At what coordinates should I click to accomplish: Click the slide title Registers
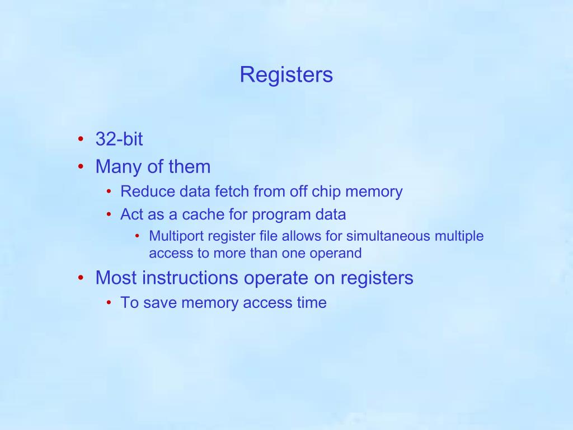coord(286,74)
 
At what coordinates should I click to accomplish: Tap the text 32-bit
coord(119,139)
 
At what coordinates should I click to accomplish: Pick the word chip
coord(326,191)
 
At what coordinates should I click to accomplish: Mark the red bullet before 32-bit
coord(82,139)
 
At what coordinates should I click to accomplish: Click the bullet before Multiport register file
coord(138,236)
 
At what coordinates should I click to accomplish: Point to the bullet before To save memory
coord(109,303)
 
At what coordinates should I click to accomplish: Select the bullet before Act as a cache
coord(109,214)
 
